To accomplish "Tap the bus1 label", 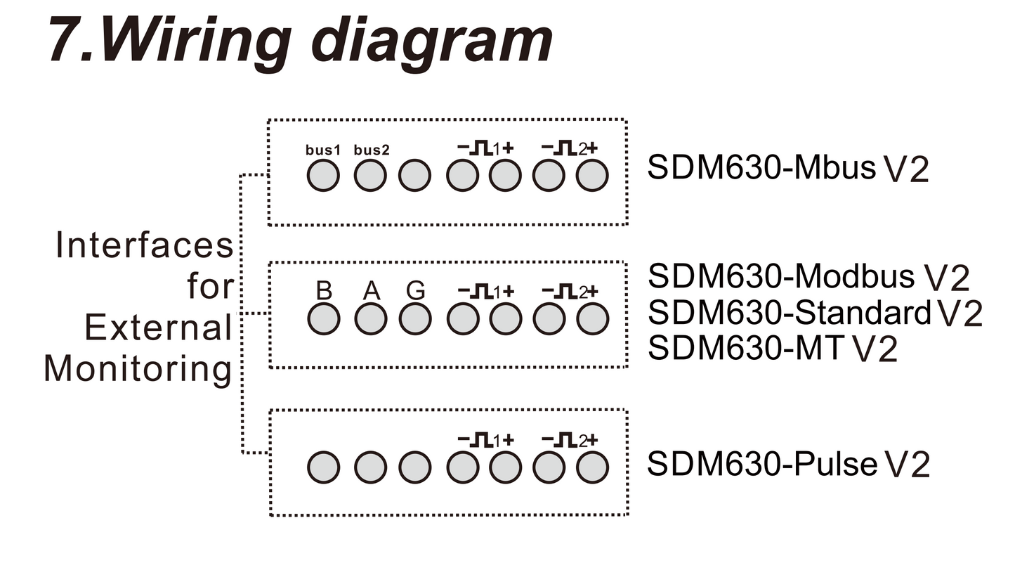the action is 322,150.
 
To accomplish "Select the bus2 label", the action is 372,150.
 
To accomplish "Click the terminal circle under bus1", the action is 323,176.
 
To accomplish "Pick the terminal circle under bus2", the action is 370,176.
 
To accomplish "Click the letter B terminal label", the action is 324,290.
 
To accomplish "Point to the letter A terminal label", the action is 372,290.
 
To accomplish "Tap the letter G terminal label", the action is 416,290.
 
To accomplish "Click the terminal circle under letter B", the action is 324,319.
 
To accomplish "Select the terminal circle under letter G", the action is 415,319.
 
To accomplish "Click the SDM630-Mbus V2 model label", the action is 788,168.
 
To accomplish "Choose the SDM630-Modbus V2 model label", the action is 808,276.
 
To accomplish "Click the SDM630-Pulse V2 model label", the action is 788,464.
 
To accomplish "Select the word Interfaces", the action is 145,245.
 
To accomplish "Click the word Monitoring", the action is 138,370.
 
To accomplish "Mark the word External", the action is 159,328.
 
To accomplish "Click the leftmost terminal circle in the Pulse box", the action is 324,467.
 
